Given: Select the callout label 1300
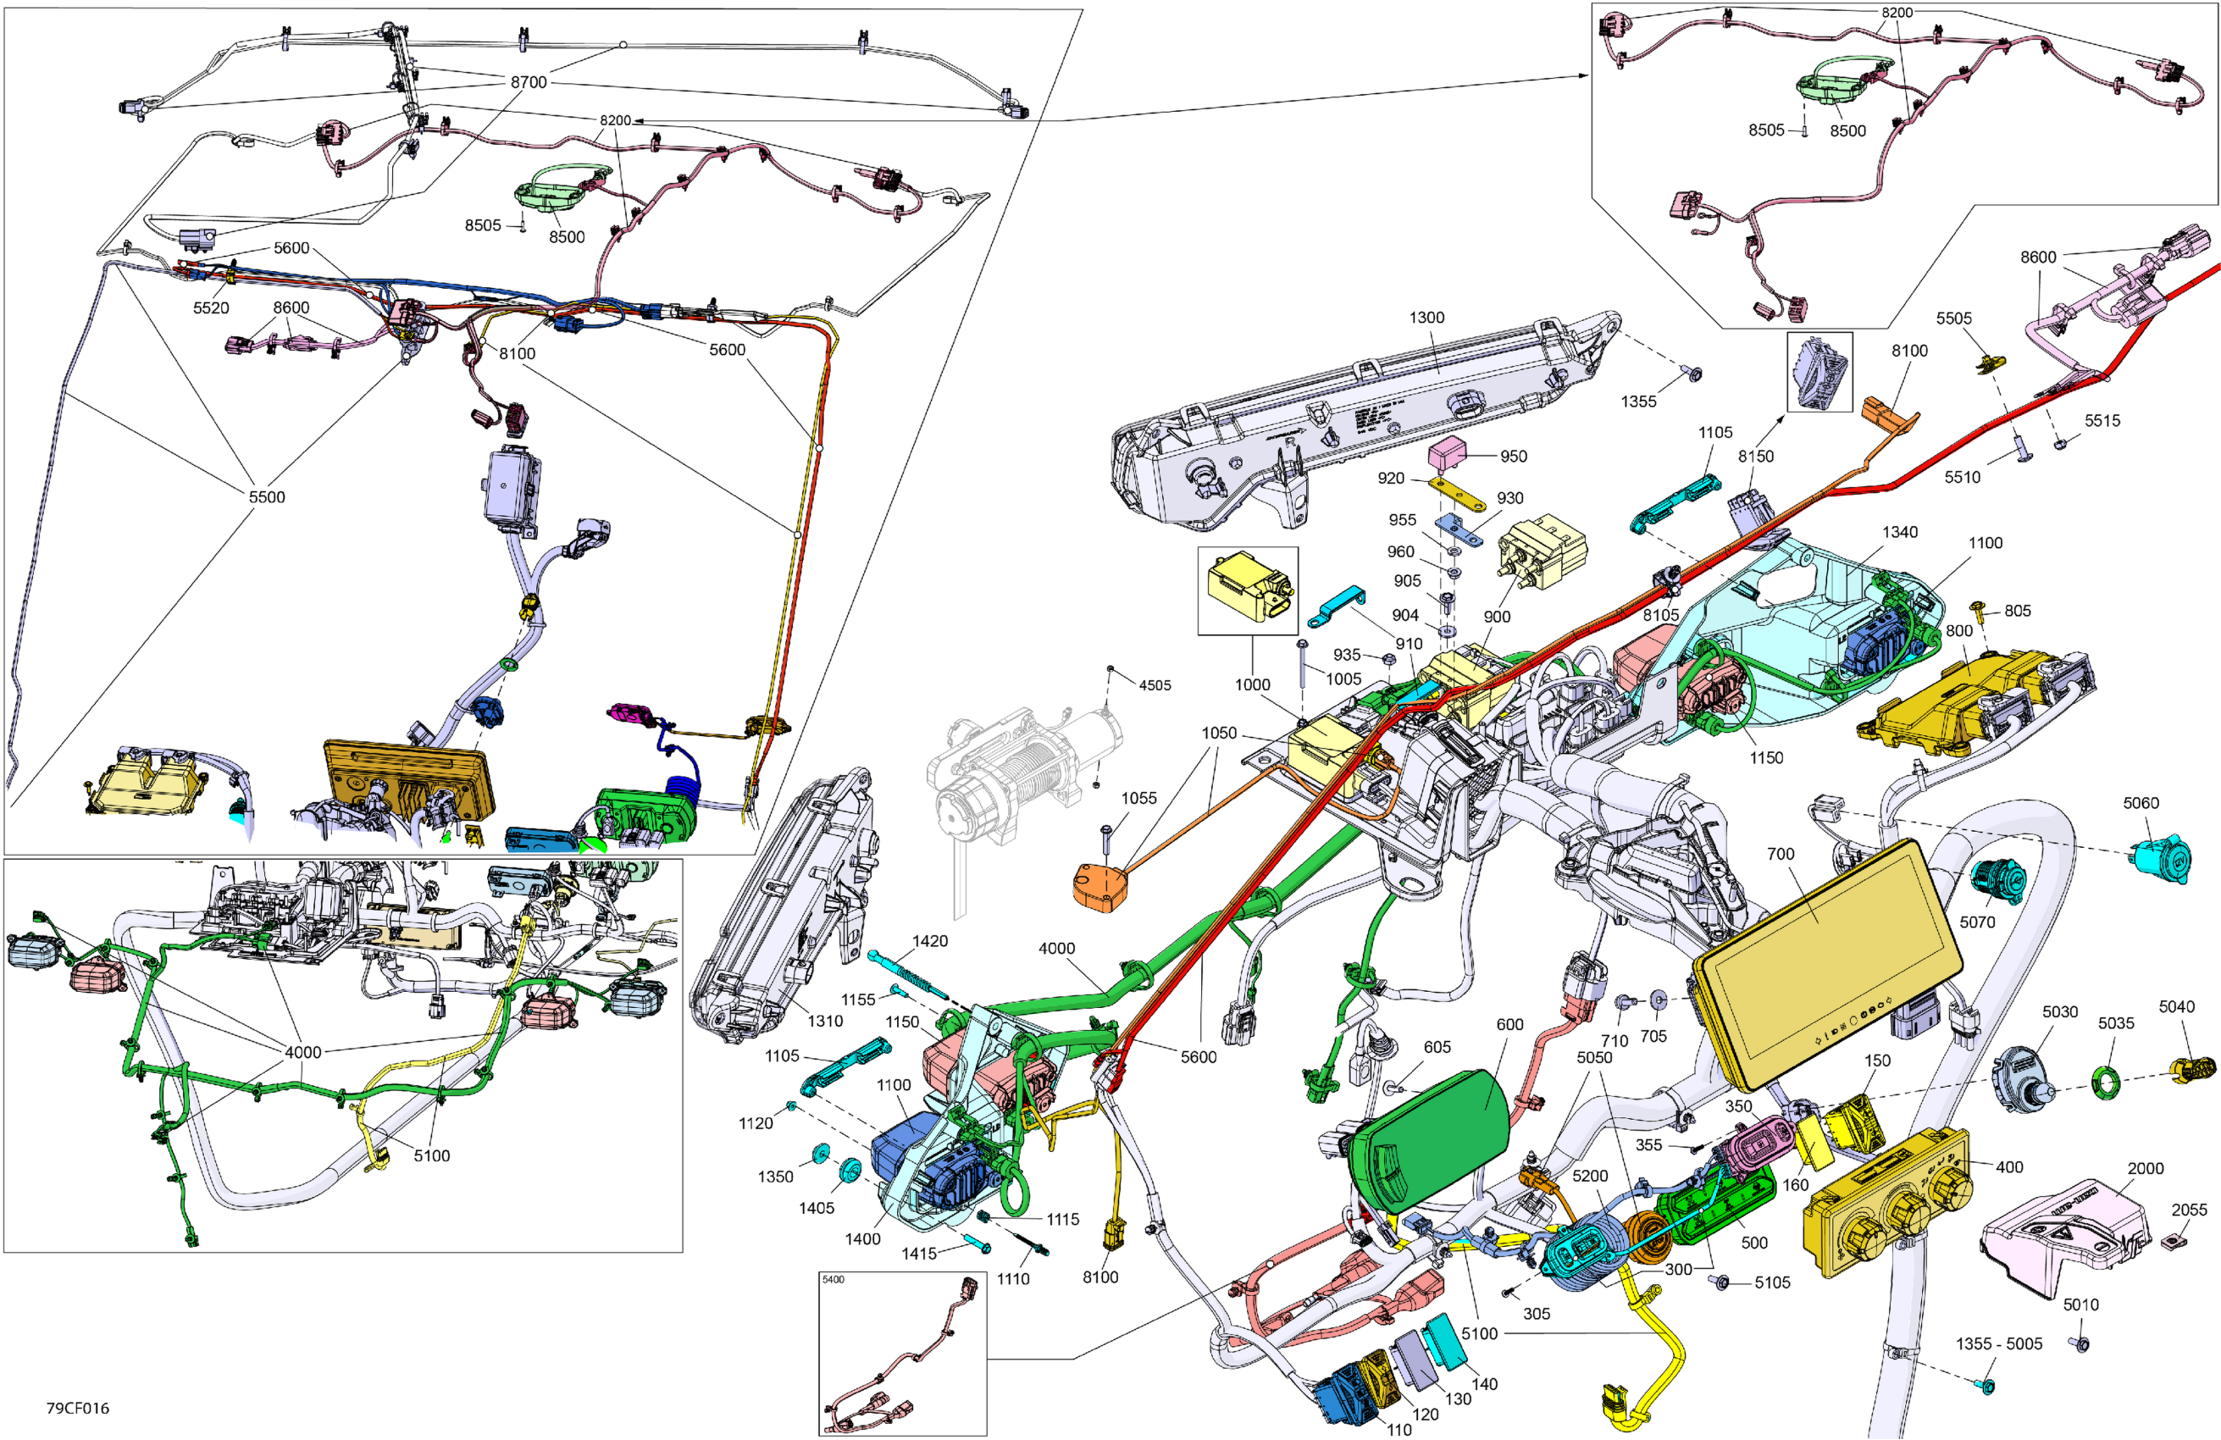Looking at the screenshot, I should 1426,318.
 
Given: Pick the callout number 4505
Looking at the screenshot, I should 1155,685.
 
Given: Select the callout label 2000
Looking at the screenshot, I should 2146,1167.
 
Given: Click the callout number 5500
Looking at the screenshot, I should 266,497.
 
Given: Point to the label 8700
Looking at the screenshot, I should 529,82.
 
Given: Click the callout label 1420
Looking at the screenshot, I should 929,941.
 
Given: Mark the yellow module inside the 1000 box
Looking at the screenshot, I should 1247,588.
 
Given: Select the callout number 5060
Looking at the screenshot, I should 2141,803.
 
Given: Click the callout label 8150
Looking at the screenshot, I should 1755,456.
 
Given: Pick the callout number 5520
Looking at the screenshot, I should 211,308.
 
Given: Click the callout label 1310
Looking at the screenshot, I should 825,1021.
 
